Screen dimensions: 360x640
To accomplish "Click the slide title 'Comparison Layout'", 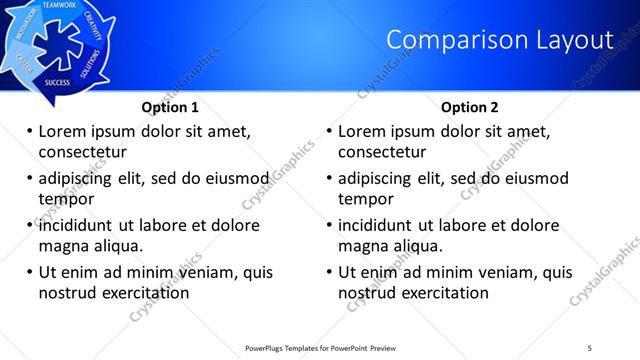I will coord(499,40).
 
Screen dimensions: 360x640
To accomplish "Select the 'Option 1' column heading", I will coord(170,107).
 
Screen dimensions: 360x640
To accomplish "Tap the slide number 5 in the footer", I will coord(590,347).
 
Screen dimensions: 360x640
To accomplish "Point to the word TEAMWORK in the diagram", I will coord(60,6).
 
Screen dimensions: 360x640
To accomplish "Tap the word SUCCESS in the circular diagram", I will coord(57,82).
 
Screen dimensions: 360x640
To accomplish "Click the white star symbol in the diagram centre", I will coord(51,41).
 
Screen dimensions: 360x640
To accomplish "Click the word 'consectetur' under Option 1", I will coord(82,152).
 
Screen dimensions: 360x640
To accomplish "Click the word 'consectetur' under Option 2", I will coord(382,152).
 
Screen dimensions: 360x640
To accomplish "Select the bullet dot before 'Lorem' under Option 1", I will coord(29,132).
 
